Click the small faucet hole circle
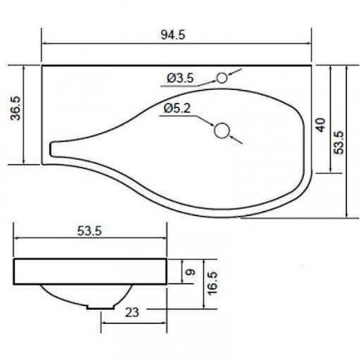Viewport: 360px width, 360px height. pos(222,78)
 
